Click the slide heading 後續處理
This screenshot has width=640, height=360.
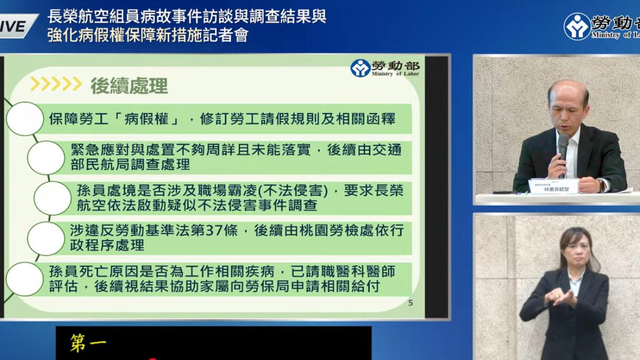129,85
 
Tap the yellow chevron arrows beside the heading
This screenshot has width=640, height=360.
56,84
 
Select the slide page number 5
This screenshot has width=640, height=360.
410,303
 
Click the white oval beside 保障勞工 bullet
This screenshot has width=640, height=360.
25,118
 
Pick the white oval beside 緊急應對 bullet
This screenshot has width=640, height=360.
46,157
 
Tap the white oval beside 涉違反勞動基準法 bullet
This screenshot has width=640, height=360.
46,238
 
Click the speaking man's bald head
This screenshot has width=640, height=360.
569,91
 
